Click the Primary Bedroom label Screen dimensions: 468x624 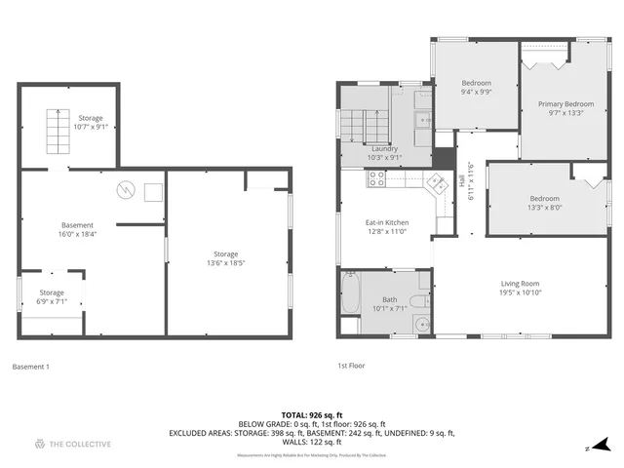tap(566, 103)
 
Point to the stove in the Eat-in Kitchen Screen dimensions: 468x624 tap(375, 178)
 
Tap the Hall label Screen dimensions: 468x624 tap(462, 179)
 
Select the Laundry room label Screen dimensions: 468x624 tap(384, 149)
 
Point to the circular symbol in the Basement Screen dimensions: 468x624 tap(124, 189)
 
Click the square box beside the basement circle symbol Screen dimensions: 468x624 tap(153, 192)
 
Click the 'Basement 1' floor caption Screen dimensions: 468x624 tap(30, 367)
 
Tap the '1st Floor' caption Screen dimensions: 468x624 tap(351, 367)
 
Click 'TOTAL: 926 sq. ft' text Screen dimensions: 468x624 tap(312, 415)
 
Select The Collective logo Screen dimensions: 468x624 tap(72, 445)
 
